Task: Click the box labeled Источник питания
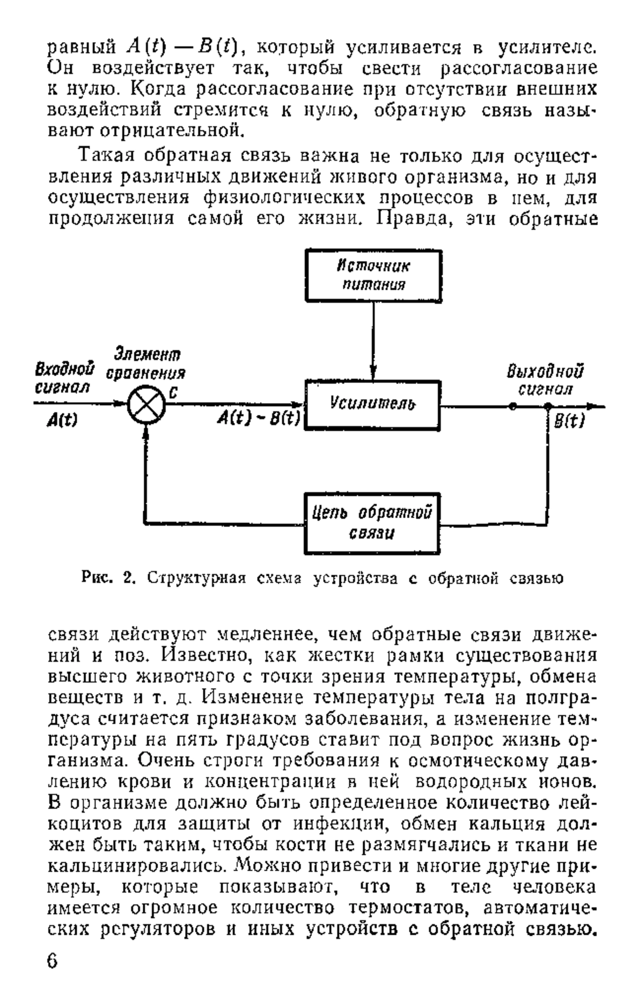pyautogui.click(x=373, y=276)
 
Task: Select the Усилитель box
pyautogui.click(x=372, y=405)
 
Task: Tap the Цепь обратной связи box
pyautogui.click(x=372, y=523)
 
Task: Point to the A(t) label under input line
pyautogui.click(x=62, y=421)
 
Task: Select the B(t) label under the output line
pyautogui.click(x=569, y=422)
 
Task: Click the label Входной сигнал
pyautogui.click(x=64, y=378)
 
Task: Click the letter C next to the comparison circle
pyautogui.click(x=173, y=393)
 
